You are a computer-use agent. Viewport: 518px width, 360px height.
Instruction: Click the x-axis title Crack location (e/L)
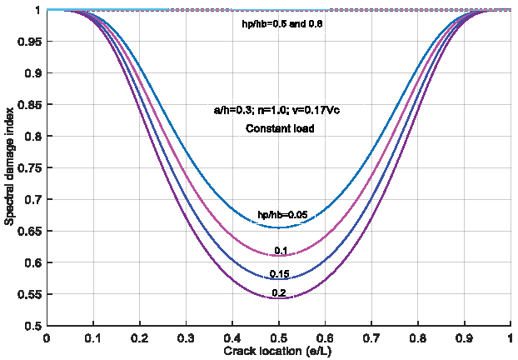(x=279, y=351)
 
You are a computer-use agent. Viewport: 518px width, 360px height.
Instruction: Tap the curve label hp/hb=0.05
(x=281, y=215)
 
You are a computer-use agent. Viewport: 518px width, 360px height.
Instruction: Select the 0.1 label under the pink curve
(x=281, y=251)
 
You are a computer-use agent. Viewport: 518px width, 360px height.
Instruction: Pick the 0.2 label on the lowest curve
(x=279, y=292)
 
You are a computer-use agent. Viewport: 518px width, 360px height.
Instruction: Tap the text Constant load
(x=279, y=128)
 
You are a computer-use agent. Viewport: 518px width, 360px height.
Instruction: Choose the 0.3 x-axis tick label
(x=186, y=338)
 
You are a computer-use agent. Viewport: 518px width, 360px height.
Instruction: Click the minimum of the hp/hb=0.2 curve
(x=279, y=297)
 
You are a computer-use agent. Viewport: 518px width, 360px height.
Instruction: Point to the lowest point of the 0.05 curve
(x=279, y=227)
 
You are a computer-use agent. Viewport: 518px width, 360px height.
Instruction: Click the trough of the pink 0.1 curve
(x=279, y=255)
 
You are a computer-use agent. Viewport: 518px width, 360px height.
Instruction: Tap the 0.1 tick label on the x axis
(x=93, y=338)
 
